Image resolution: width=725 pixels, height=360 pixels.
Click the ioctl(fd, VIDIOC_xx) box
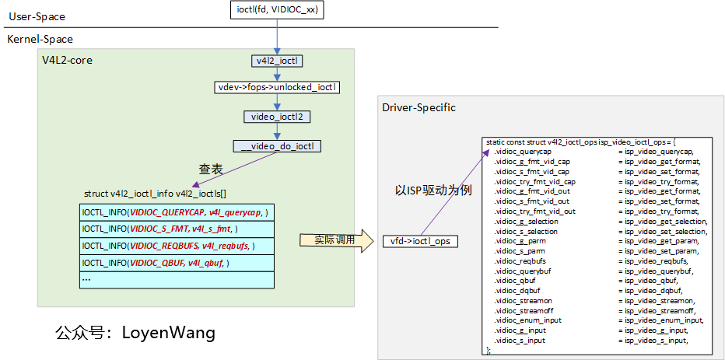[276, 10]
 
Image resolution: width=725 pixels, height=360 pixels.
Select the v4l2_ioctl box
[276, 60]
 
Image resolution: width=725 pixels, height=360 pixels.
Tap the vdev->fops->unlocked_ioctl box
[278, 88]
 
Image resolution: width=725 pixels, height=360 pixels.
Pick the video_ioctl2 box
[277, 117]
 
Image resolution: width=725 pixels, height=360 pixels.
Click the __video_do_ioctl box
[277, 145]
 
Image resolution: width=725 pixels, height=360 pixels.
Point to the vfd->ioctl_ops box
[420, 241]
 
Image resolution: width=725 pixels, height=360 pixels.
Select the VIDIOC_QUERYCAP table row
[177, 212]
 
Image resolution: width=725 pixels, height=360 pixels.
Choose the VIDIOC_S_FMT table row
[177, 229]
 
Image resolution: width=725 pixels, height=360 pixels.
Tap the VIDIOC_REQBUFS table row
[177, 246]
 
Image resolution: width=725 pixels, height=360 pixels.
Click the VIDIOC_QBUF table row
[177, 263]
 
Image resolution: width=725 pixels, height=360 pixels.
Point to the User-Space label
[36, 16]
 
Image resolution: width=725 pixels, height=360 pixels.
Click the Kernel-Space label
[40, 39]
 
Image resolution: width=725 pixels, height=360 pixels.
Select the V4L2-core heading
[67, 60]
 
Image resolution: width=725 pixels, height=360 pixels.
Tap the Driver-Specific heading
[419, 107]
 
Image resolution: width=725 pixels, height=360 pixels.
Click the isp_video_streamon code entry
[657, 300]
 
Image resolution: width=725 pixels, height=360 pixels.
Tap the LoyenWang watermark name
[168, 333]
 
